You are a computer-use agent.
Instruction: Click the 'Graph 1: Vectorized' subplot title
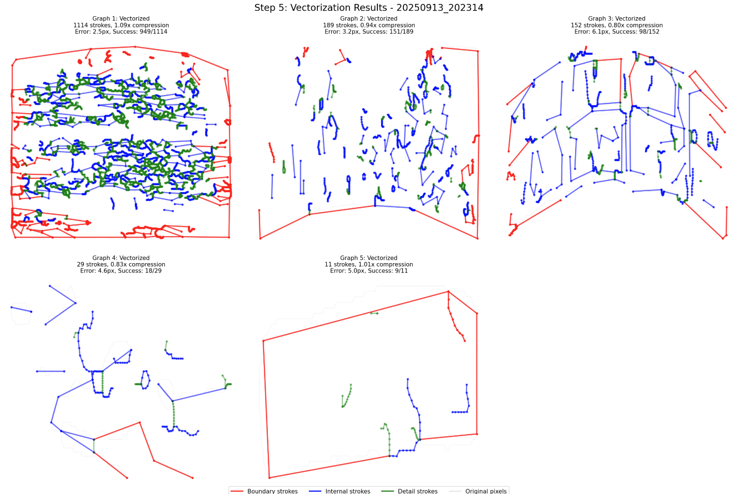(x=121, y=19)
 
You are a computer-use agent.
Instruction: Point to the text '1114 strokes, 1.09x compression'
(x=121, y=25)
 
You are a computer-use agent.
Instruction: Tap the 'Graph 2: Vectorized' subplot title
(x=369, y=19)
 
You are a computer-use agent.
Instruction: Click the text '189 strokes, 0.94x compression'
(x=369, y=25)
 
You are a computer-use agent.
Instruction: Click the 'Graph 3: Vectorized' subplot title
(x=617, y=19)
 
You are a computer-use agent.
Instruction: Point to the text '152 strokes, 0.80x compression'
(x=617, y=25)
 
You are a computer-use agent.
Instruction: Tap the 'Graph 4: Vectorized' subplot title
(x=121, y=258)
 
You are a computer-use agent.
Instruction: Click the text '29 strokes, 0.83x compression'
(x=121, y=264)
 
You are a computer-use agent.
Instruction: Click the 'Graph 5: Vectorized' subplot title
(x=369, y=258)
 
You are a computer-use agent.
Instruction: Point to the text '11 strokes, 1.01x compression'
(x=369, y=264)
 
